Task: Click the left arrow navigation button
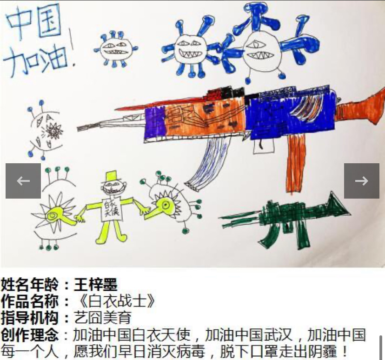23,181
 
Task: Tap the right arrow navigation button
361,181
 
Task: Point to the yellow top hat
112,177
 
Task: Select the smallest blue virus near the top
116,49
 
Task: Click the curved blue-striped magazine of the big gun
210,163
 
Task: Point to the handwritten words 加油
36,60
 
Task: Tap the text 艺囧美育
102,318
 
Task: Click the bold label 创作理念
29,334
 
